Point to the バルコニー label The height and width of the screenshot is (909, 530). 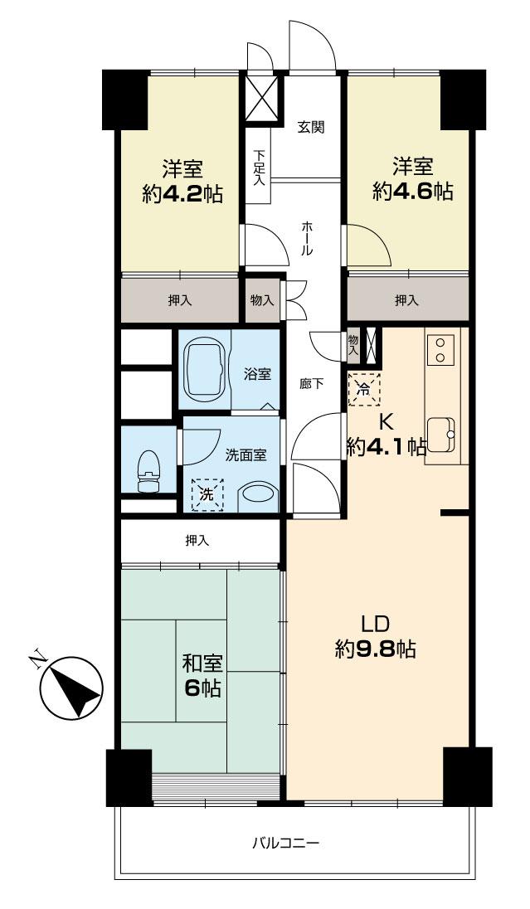click(285, 843)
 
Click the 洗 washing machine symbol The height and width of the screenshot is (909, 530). click(207, 494)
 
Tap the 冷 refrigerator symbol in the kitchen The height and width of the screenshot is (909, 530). click(364, 387)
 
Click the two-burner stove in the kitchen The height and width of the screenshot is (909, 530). click(440, 348)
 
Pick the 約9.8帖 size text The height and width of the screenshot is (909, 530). click(376, 649)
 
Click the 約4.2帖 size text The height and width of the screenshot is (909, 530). click(182, 193)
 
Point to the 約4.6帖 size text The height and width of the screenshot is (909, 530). click(412, 192)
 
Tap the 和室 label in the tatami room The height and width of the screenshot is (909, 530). click(203, 664)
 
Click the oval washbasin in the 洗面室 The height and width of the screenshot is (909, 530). click(260, 498)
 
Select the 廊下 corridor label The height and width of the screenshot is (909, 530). click(311, 384)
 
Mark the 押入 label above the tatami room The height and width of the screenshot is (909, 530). click(197, 541)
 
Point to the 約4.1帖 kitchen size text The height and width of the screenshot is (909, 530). click(387, 448)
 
